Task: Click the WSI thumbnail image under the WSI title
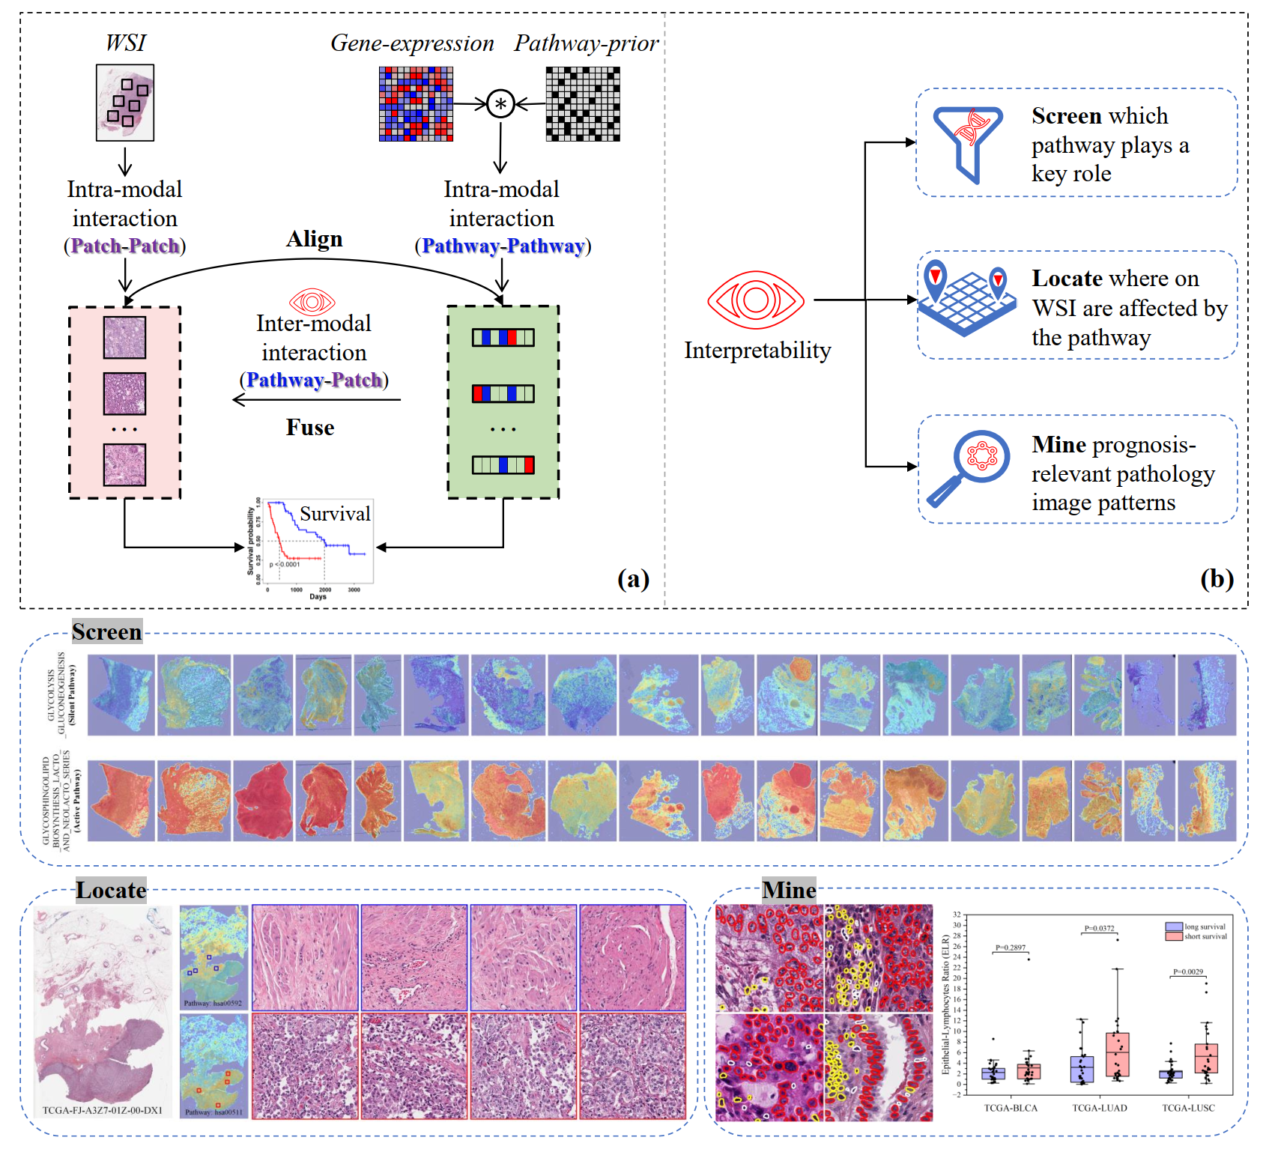(x=125, y=103)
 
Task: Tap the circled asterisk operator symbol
(x=500, y=103)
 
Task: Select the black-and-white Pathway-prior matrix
(x=583, y=103)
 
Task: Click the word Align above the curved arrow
(x=315, y=239)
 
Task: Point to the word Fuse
(x=310, y=428)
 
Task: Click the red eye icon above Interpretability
(x=756, y=300)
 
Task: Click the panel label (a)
(x=633, y=579)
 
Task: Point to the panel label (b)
(x=1217, y=579)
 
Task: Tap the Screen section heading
(x=107, y=632)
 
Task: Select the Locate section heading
(x=111, y=890)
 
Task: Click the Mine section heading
(x=789, y=890)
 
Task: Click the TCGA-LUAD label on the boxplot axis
(x=1099, y=1108)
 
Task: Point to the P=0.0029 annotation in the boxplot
(x=1188, y=971)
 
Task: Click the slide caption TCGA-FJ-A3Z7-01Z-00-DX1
(x=103, y=1110)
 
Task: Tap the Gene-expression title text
(x=412, y=43)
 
